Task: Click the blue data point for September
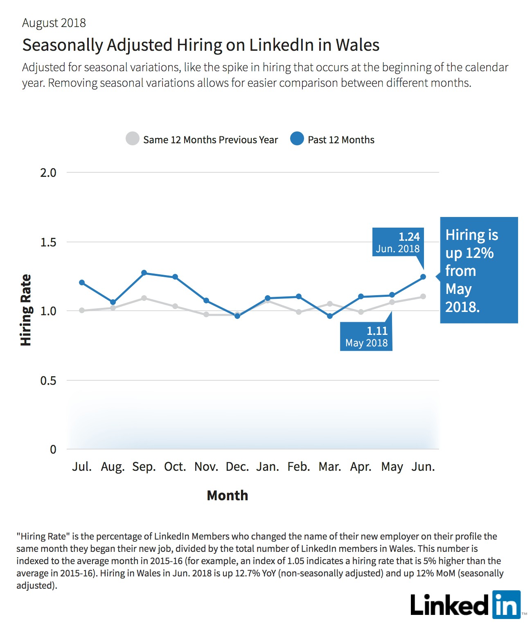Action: pyautogui.click(x=144, y=273)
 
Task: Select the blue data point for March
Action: pyautogui.click(x=330, y=316)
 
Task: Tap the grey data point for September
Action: pyautogui.click(x=144, y=298)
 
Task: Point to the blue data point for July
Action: pyautogui.click(x=82, y=282)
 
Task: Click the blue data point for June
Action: pyautogui.click(x=423, y=276)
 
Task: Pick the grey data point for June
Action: pyautogui.click(x=423, y=296)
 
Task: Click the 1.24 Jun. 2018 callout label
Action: pyautogui.click(x=398, y=242)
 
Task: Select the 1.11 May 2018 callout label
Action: pyautogui.click(x=366, y=337)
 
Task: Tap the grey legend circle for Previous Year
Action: pyautogui.click(x=133, y=139)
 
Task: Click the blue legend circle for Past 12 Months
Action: pyautogui.click(x=297, y=139)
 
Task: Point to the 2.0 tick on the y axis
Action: pyautogui.click(x=48, y=173)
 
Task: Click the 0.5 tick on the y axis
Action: pyautogui.click(x=48, y=380)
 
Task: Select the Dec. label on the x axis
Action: pyautogui.click(x=237, y=467)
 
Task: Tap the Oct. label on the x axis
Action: pyautogui.click(x=175, y=467)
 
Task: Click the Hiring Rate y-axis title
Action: pyautogui.click(x=26, y=310)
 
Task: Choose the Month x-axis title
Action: pyautogui.click(x=228, y=495)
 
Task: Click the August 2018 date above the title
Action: pyautogui.click(x=54, y=23)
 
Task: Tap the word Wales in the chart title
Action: pyautogui.click(x=357, y=45)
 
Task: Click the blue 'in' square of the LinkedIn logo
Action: pyautogui.click(x=506, y=605)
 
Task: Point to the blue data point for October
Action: pyautogui.click(x=175, y=277)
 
